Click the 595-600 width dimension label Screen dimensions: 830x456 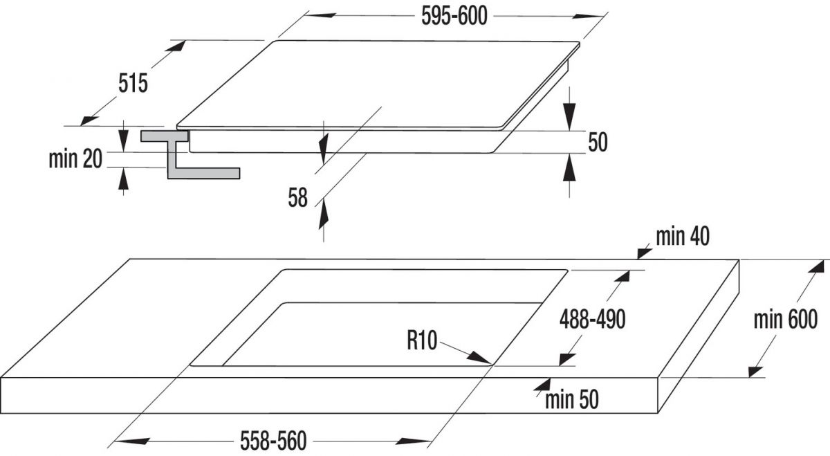click(x=454, y=17)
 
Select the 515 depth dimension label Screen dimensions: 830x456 click(x=133, y=83)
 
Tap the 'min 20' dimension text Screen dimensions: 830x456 click(x=75, y=159)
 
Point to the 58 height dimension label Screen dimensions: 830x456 click(x=298, y=198)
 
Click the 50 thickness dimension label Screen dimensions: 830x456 click(x=598, y=142)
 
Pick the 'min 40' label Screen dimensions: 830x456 click(x=683, y=237)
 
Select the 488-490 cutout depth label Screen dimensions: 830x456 click(x=593, y=319)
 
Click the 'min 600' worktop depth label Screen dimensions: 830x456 click(x=786, y=319)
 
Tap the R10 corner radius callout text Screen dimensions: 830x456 click(x=422, y=340)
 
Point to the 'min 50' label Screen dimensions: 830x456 click(x=572, y=399)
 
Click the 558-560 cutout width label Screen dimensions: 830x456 click(x=273, y=441)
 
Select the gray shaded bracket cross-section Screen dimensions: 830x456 click(x=190, y=154)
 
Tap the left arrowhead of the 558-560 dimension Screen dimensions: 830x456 click(x=131, y=441)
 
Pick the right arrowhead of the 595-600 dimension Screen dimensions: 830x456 click(x=589, y=16)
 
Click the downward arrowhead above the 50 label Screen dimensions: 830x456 click(x=569, y=116)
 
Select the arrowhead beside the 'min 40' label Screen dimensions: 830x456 click(x=644, y=253)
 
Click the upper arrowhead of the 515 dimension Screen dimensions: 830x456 click(x=175, y=46)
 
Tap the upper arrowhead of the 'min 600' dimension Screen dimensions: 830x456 click(x=816, y=266)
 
